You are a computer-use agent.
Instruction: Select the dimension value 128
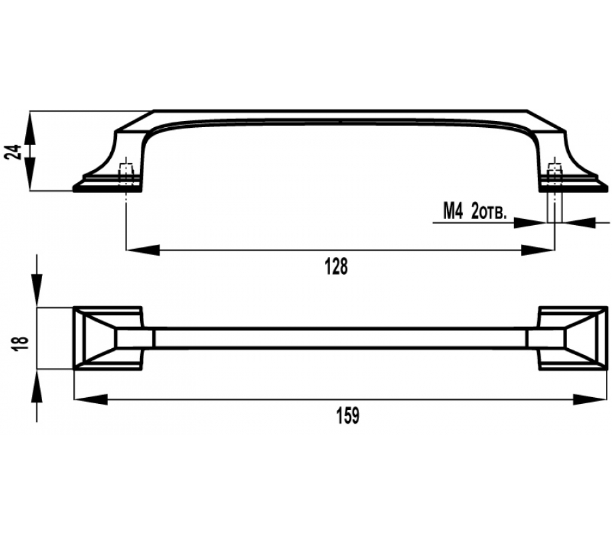336,267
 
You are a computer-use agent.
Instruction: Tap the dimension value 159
347,415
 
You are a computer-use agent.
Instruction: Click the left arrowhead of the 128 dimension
143,250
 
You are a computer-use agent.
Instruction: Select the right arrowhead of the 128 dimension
538,250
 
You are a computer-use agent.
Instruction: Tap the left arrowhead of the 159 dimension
90,399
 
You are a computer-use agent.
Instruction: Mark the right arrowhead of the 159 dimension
590,399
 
